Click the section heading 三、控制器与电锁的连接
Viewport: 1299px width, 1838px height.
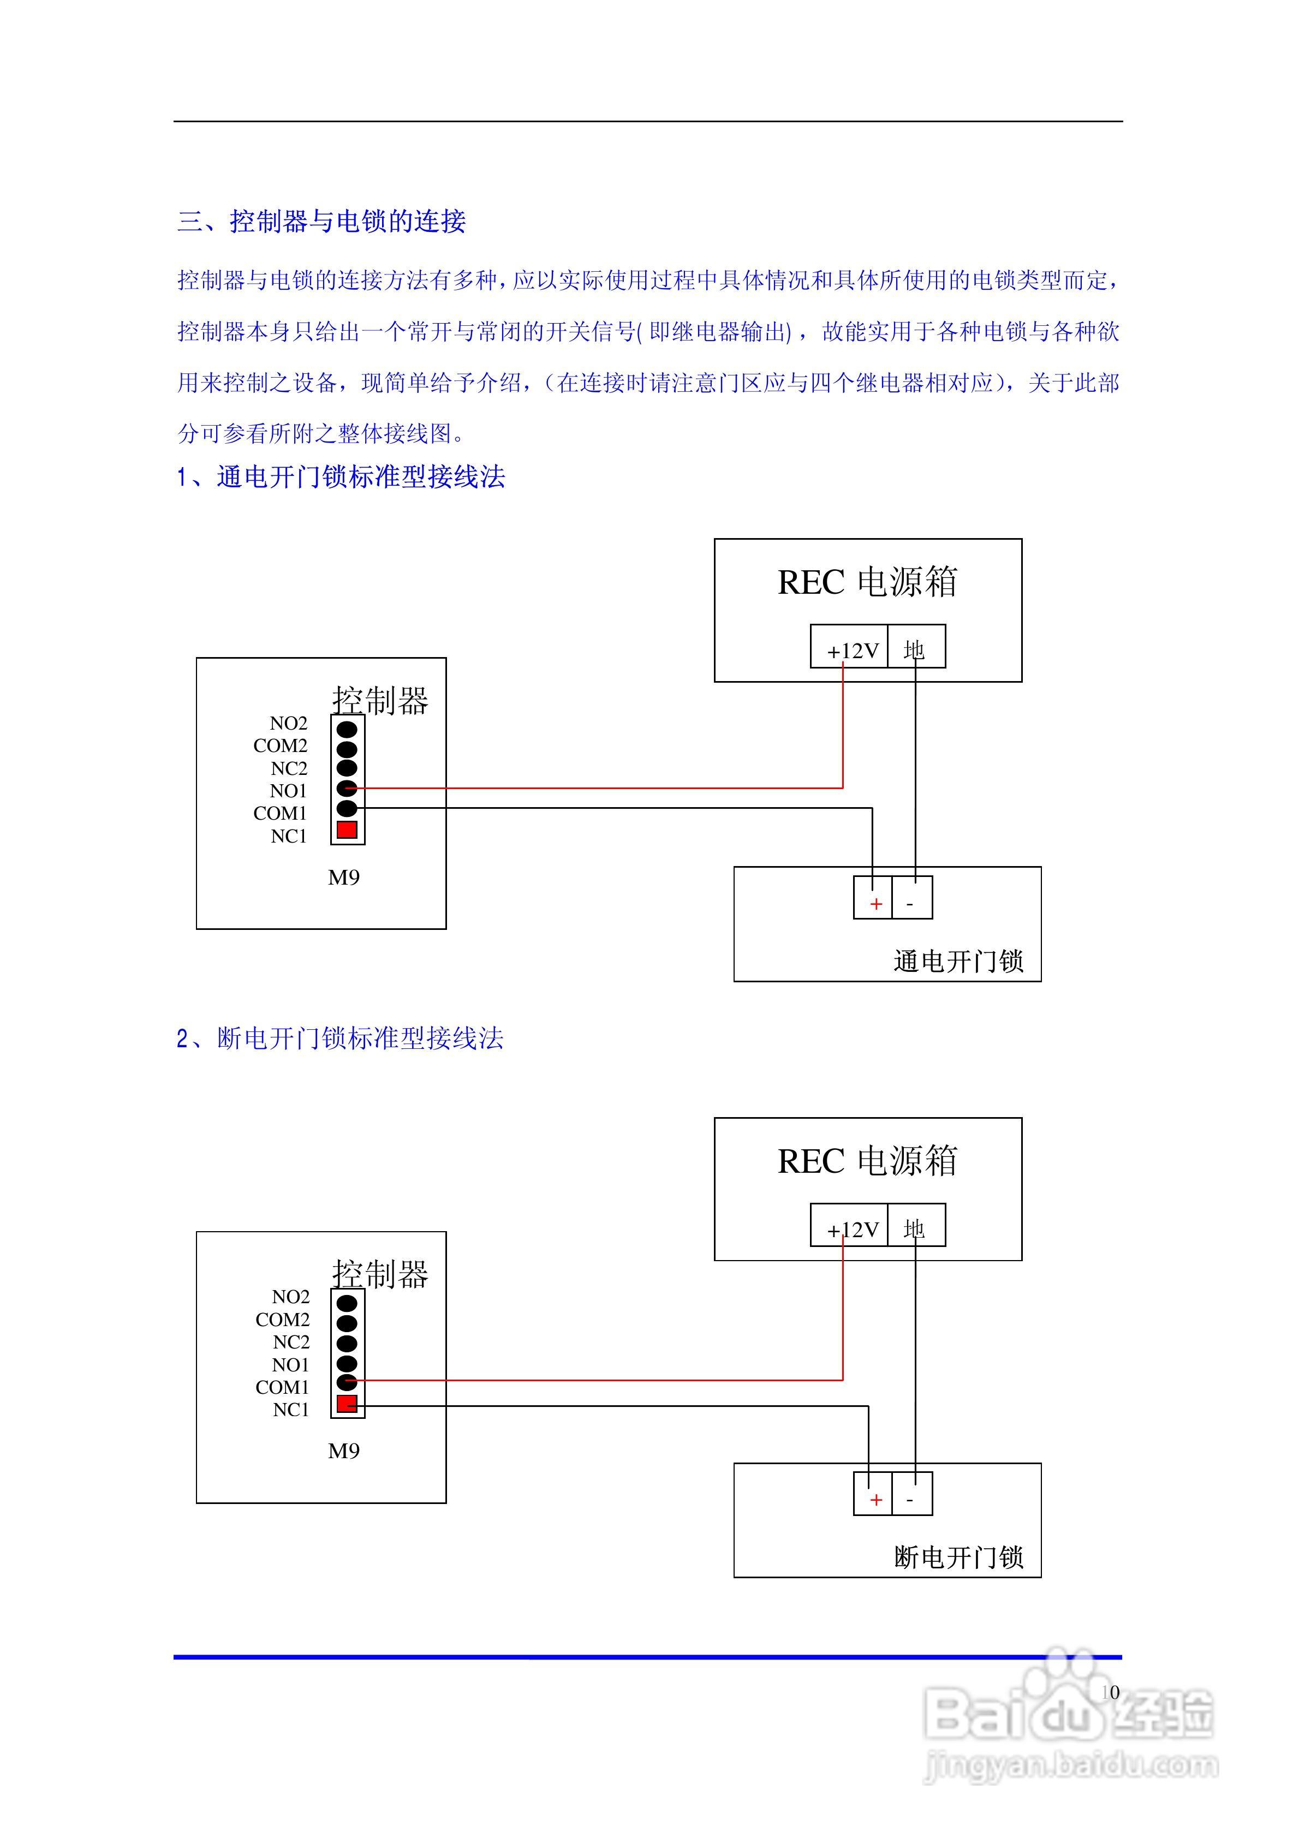(x=321, y=221)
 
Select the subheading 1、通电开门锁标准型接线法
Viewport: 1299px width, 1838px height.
(x=341, y=477)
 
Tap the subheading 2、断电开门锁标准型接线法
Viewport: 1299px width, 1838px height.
(x=341, y=1039)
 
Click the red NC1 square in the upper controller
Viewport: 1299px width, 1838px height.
(x=347, y=830)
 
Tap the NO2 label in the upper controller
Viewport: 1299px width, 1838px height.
(x=288, y=724)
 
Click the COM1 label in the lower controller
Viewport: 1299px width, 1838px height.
(x=282, y=1387)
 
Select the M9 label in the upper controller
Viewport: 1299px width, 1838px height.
(x=343, y=878)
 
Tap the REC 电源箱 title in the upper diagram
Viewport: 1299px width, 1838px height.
(x=867, y=583)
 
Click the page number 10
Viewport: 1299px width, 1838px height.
(x=1110, y=1692)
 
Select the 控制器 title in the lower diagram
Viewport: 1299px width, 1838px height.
(x=380, y=1274)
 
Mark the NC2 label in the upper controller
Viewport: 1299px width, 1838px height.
(x=289, y=768)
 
